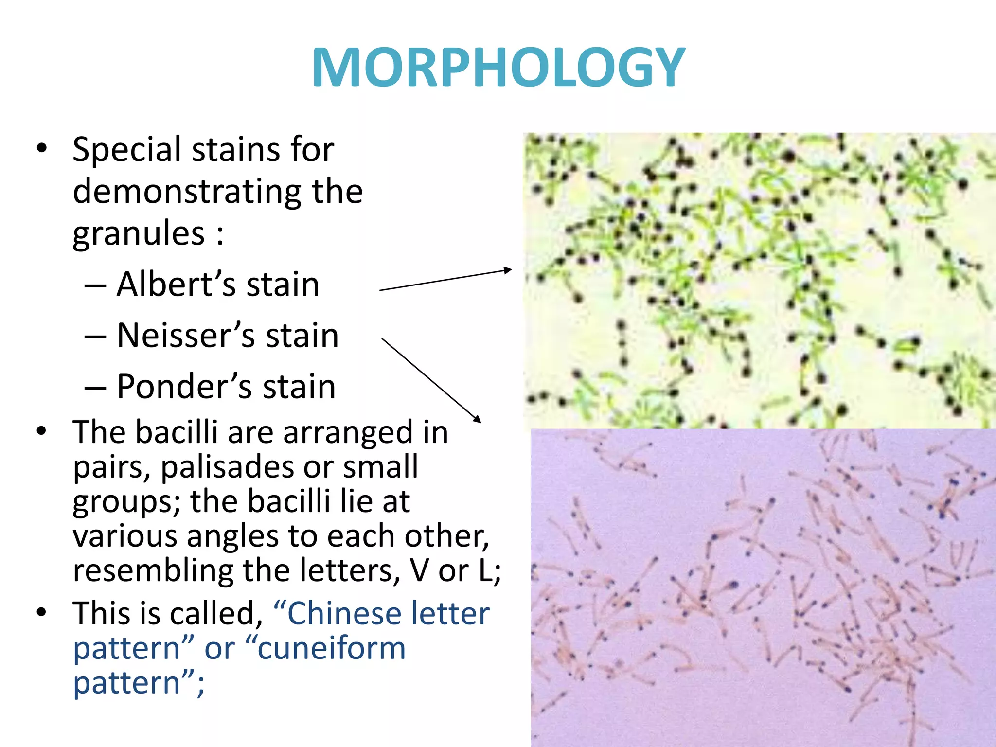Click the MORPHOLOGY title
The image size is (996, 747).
tap(498, 68)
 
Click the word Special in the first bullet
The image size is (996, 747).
tap(127, 150)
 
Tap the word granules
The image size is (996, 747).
tap(139, 233)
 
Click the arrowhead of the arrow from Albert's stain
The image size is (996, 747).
tap(508, 269)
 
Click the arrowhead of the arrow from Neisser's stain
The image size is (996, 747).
tap(478, 419)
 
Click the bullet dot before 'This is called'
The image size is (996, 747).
tap(42, 612)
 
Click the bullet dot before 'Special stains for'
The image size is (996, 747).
tap(42, 148)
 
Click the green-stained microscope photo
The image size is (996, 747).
tap(759, 280)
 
